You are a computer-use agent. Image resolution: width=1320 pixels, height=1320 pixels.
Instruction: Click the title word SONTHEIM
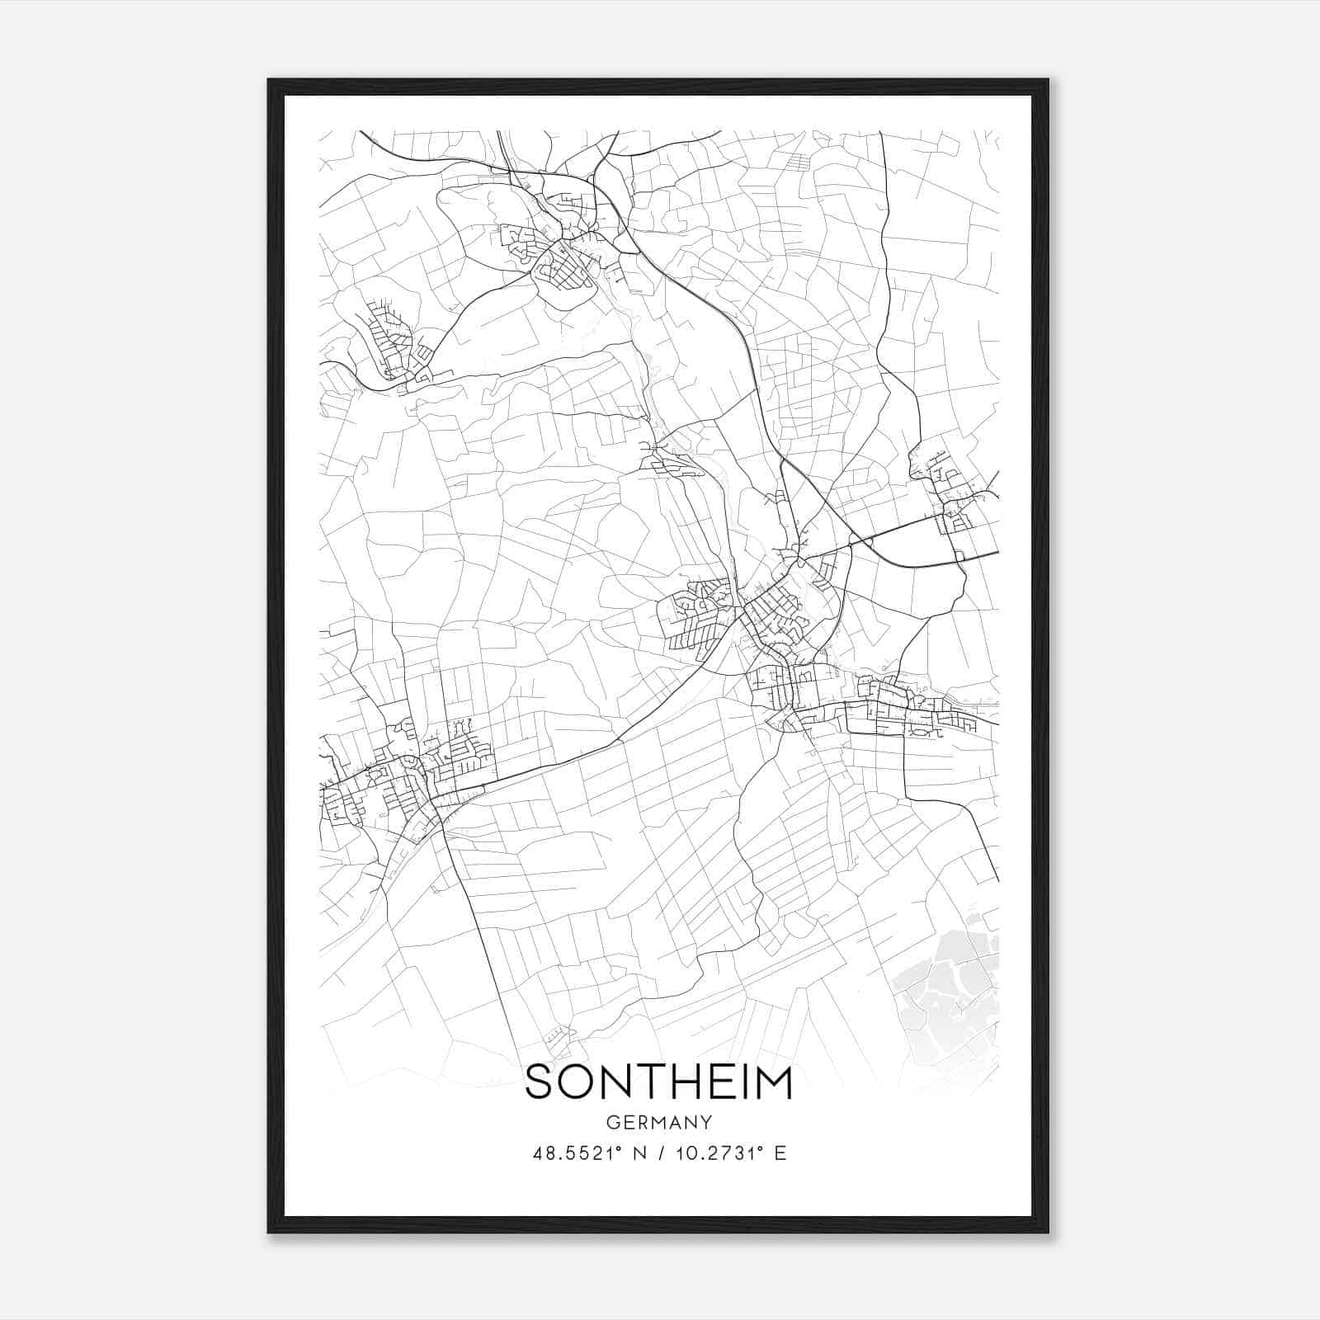pos(658,1082)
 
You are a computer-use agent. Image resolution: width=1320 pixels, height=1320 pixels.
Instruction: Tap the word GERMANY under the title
pos(658,1122)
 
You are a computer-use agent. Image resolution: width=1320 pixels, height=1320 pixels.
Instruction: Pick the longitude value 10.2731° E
pos(727,1153)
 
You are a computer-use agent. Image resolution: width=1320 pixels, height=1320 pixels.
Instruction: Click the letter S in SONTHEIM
pos(540,1082)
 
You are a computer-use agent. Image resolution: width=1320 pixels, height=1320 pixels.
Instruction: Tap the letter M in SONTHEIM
pos(774,1082)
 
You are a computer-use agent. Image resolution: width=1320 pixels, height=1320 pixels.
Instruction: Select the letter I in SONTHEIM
pos(743,1082)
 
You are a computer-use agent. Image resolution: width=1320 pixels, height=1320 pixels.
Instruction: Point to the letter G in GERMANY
pos(611,1122)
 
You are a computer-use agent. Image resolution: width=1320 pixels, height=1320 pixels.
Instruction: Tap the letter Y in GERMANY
pos(706,1122)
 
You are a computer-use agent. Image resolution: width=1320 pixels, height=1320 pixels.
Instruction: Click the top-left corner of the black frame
pos(269,80)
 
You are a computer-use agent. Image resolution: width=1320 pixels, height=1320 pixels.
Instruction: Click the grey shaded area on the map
pos(949,990)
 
